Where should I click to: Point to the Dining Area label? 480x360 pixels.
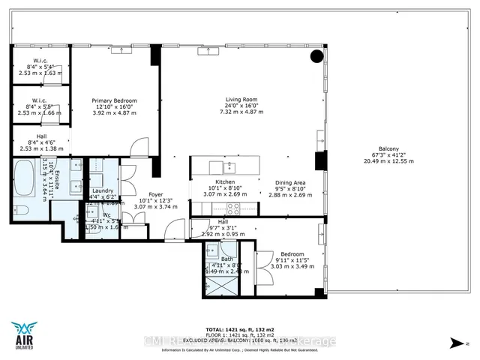(290, 182)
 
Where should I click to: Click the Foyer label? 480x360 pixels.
(156, 194)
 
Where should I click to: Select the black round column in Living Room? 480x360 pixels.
(318, 55)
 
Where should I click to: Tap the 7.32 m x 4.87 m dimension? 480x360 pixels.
(242, 112)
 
